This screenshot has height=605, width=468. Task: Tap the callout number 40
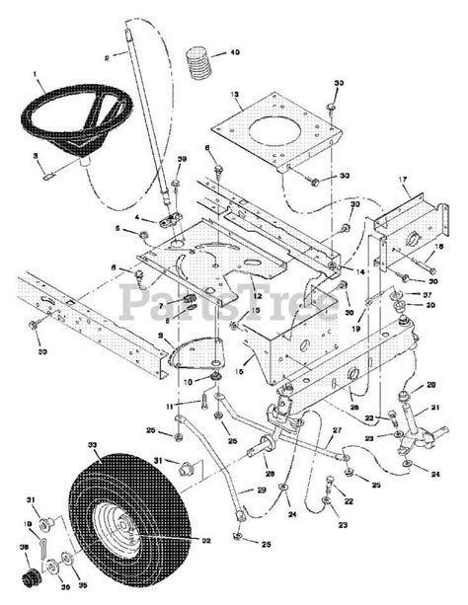pos(233,51)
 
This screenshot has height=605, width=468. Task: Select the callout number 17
pos(404,180)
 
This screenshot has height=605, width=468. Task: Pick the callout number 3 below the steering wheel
pos(36,156)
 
